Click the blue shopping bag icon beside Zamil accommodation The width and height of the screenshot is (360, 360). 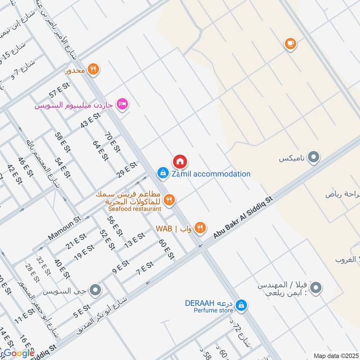click(x=163, y=172)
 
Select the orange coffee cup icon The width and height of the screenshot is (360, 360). click(x=290, y=44)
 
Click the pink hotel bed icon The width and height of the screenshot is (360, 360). click(x=121, y=104)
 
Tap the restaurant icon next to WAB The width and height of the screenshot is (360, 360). click(x=201, y=228)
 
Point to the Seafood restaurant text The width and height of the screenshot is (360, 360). click(x=135, y=209)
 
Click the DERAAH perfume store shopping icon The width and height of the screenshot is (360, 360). click(x=242, y=305)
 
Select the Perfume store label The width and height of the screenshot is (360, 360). click(x=213, y=310)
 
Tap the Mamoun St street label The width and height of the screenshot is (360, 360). click(x=64, y=229)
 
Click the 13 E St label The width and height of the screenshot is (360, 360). click(x=135, y=241)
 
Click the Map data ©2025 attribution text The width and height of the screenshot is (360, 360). click(x=335, y=355)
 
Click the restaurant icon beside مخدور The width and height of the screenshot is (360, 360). click(x=93, y=69)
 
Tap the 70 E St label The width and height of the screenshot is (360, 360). click(x=109, y=142)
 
